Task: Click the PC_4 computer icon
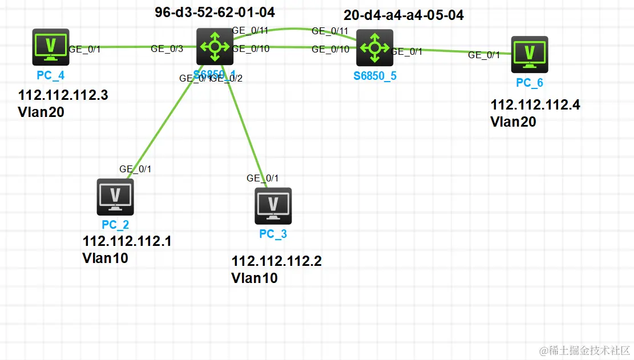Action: point(51,47)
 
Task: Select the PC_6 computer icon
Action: point(530,55)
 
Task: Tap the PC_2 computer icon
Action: point(115,197)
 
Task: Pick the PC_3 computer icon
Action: point(273,206)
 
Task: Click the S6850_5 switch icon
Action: point(374,48)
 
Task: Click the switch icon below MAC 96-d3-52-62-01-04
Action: point(215,47)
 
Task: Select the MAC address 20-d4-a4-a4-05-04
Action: point(403,15)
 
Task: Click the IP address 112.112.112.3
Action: point(63,96)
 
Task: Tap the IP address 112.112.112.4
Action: point(535,105)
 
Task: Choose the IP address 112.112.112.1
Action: point(127,241)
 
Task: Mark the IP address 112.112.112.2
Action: point(276,261)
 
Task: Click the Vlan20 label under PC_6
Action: point(513,122)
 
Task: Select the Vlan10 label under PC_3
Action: point(255,278)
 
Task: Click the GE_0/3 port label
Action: point(167,49)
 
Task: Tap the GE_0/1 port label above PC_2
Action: point(135,169)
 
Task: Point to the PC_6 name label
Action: point(530,83)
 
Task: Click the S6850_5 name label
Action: point(375,76)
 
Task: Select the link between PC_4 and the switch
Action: point(126,47)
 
